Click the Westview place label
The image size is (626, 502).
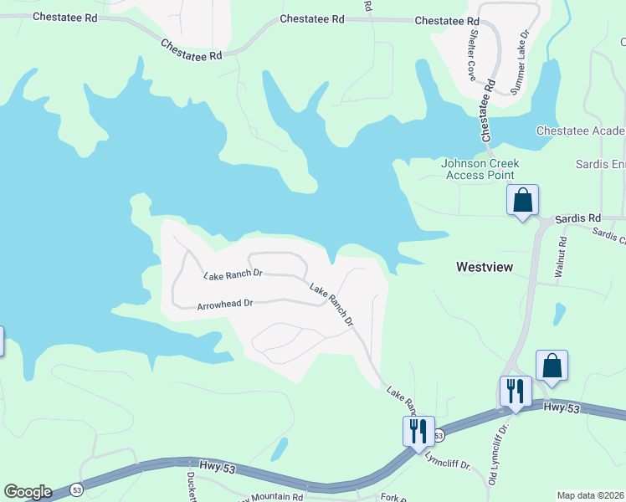[x=485, y=267]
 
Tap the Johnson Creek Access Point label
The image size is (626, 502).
[x=480, y=169]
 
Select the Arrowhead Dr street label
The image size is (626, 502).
[x=224, y=305]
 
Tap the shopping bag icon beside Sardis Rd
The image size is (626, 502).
[x=522, y=201]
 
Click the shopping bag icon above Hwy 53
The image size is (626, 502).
[x=552, y=366]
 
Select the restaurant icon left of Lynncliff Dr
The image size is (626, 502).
[x=417, y=431]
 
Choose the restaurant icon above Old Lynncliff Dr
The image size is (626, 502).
[x=515, y=392]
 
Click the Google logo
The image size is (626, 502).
[x=28, y=492]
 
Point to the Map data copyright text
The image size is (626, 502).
[x=591, y=495]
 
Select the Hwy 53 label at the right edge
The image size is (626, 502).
[x=556, y=407]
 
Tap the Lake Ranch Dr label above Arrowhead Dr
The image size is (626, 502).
[x=233, y=274]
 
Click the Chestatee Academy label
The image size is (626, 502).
[x=580, y=131]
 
